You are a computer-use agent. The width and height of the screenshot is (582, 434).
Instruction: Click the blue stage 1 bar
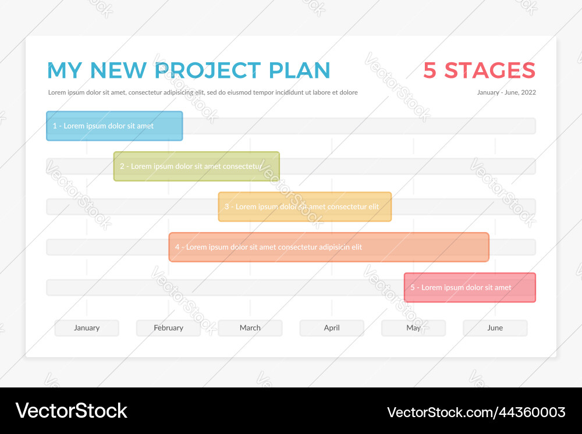(115, 126)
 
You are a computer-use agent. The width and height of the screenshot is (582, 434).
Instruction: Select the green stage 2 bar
(196, 166)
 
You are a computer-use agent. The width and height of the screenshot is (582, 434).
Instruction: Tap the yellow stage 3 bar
(304, 207)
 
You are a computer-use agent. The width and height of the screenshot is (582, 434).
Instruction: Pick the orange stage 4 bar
(329, 247)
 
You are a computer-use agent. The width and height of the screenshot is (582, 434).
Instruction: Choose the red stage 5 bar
(470, 287)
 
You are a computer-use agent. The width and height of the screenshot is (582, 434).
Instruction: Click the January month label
(87, 328)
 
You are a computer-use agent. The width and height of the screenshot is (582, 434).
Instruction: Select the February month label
(168, 328)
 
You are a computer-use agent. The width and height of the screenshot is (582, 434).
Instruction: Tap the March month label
(250, 328)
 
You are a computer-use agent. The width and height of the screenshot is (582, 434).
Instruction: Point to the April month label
(332, 328)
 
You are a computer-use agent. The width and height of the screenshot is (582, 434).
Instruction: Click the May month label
(413, 328)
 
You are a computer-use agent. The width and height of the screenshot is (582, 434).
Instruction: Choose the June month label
(495, 328)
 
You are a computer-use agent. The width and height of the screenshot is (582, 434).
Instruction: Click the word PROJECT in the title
(208, 70)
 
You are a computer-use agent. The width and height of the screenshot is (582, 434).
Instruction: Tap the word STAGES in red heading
(489, 70)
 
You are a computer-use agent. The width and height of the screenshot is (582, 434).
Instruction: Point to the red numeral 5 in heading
(430, 70)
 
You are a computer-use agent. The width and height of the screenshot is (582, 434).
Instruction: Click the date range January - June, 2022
(506, 93)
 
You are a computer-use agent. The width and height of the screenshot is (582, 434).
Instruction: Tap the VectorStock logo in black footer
(71, 411)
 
